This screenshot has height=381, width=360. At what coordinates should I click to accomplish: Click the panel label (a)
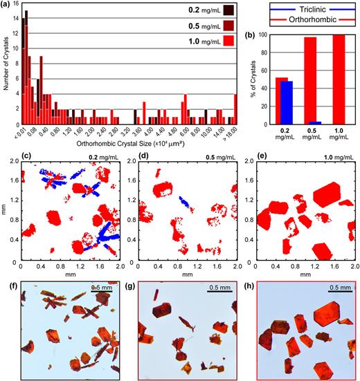pyautogui.click(x=6, y=6)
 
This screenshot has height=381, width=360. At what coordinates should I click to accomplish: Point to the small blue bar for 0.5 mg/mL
pyautogui.click(x=319, y=123)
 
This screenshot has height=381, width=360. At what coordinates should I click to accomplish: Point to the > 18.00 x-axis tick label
pyautogui.click(x=235, y=130)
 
